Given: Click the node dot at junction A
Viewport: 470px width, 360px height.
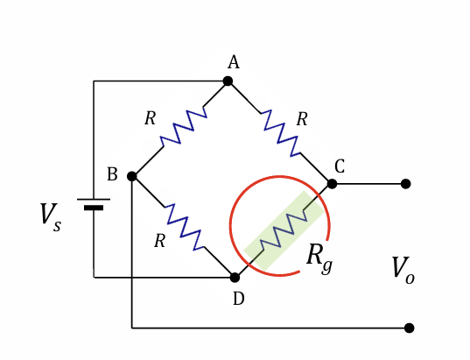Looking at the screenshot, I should coord(228,81).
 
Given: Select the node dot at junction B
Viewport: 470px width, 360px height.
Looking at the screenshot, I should coord(132,176).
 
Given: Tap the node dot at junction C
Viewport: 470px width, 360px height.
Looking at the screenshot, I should coord(332,184).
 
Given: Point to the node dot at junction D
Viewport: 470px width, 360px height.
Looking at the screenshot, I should coord(235,277).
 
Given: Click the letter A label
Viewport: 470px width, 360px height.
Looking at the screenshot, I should coord(233,61).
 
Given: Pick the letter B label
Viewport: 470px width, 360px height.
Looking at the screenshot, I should coord(112,174).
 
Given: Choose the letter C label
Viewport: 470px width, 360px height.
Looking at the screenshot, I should coord(340,166).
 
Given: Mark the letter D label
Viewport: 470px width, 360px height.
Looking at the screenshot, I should coord(238,299).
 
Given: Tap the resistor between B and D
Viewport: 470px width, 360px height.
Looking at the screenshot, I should coord(184,227).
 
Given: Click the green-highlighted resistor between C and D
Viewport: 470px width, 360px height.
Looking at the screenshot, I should coord(283,230).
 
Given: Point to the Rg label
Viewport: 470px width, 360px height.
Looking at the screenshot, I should coord(319,256).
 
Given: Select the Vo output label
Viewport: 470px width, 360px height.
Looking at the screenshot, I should coord(403,269).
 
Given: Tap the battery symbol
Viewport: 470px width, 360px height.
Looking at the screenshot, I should coord(94,203).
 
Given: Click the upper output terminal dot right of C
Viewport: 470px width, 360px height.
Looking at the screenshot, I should coord(406,184).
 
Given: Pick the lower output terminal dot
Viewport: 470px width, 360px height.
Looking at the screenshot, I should coord(409,328).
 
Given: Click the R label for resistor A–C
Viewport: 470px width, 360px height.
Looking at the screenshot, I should coord(302,120).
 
